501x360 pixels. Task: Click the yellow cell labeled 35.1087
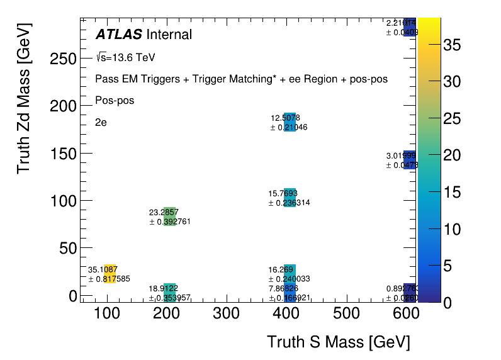click(x=110, y=274)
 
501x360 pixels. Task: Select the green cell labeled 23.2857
click(x=169, y=217)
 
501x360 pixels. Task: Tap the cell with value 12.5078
click(x=290, y=121)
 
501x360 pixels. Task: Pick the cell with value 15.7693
click(x=290, y=198)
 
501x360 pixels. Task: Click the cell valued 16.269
click(x=290, y=274)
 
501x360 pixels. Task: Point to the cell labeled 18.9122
click(x=169, y=293)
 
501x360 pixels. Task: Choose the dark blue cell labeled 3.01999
click(x=409, y=160)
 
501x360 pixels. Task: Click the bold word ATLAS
click(x=118, y=35)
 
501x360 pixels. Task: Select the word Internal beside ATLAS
click(x=169, y=35)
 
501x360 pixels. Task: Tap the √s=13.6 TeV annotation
click(x=125, y=57)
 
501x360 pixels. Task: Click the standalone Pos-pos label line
click(x=115, y=100)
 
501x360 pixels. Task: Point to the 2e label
click(x=101, y=122)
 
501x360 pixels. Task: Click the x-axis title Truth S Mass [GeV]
click(x=338, y=342)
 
